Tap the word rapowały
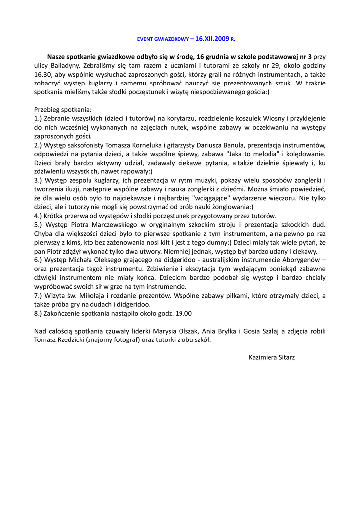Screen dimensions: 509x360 tap(135, 171)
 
